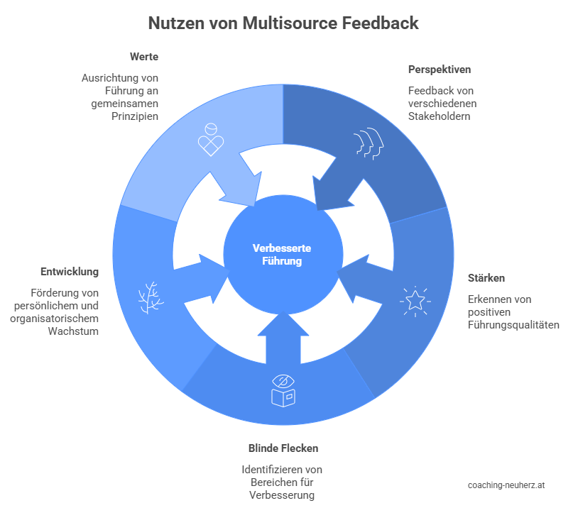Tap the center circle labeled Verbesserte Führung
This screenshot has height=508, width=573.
283,254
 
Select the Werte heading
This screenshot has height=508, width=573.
144,56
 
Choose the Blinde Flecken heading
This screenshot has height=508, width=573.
283,448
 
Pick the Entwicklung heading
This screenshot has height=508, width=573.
69,272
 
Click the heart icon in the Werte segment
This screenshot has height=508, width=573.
210,140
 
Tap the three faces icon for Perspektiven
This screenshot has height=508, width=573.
369,143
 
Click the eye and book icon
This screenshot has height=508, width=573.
283,390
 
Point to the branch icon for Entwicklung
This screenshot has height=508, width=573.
148,298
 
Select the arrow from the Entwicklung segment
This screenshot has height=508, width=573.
201,272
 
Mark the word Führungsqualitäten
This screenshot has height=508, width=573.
513,325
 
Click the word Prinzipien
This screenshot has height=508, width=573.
134,116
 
